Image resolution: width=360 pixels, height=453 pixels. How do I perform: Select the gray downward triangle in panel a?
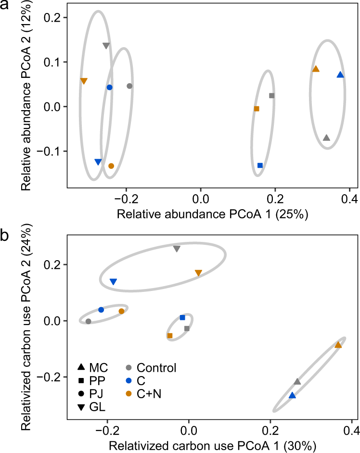pos(106,46)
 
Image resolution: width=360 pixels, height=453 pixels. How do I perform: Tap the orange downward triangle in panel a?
pos(84,81)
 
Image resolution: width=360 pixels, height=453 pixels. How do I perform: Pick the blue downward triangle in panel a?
pos(98,162)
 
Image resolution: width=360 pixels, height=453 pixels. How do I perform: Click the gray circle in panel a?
pos(129,86)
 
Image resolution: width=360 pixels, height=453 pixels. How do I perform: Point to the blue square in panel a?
pos(260,165)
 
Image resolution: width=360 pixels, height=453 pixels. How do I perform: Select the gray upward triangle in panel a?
pos(327,138)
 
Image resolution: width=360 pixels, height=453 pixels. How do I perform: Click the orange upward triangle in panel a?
pos(316,69)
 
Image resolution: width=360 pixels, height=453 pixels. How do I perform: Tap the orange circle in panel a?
pos(111,166)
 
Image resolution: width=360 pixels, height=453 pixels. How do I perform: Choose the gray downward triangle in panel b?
pos(177,249)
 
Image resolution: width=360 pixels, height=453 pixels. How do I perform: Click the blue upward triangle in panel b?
pos(292,395)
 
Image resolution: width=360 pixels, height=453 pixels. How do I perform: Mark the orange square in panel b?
pos(170,336)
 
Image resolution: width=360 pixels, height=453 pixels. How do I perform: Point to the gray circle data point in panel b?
pos(88,321)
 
